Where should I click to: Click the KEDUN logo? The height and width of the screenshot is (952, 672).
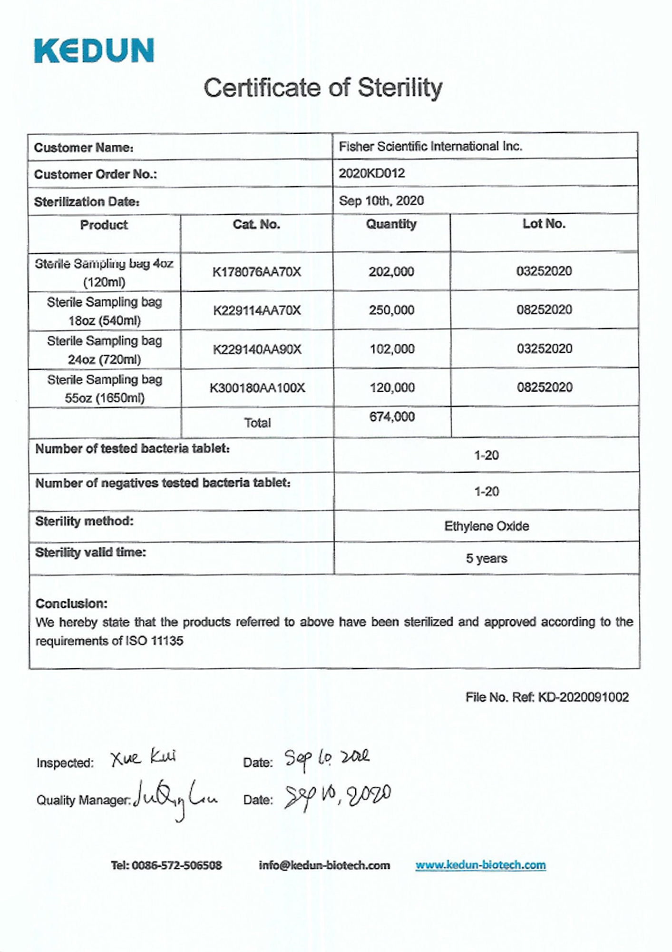(94, 50)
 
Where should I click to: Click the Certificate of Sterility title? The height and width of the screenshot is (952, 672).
(323, 88)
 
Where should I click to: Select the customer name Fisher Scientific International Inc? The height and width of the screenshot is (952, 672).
(430, 146)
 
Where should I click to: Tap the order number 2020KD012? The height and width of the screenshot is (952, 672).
(371, 173)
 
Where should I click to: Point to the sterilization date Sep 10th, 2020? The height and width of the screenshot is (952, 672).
(381, 201)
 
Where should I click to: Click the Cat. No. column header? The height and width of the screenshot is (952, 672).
(256, 224)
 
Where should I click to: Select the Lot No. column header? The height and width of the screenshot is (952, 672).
(544, 224)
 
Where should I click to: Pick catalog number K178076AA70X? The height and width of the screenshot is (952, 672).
(256, 272)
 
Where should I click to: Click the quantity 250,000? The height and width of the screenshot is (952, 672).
(391, 310)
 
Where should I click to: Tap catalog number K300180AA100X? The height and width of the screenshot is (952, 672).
(257, 388)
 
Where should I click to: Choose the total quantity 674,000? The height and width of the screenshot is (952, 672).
(392, 417)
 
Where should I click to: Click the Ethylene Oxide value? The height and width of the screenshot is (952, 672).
(487, 526)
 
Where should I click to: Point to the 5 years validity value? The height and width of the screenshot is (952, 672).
(487, 558)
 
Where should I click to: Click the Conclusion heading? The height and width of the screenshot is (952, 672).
(71, 604)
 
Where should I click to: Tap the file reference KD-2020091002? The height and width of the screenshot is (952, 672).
(583, 697)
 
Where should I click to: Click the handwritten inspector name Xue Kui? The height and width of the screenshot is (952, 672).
(143, 757)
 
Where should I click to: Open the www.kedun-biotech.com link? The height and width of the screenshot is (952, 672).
(480, 865)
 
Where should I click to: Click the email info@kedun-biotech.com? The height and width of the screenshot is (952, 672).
(324, 865)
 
